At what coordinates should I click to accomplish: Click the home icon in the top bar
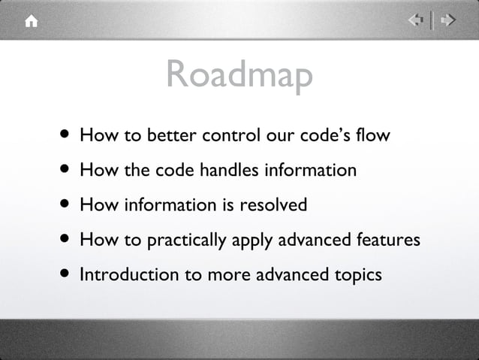(30, 22)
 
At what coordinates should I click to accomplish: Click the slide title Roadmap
(239, 75)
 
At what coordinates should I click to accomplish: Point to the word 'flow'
(374, 136)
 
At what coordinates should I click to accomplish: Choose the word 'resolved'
(273, 205)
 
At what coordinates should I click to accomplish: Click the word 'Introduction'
(125, 274)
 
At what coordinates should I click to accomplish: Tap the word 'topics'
(358, 275)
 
